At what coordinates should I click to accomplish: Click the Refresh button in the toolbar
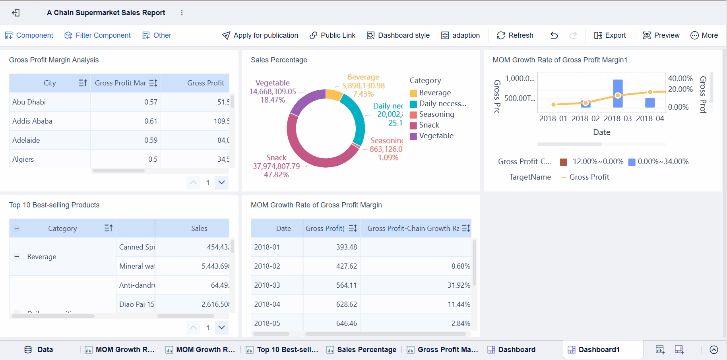point(515,35)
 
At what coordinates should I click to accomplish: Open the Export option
point(610,35)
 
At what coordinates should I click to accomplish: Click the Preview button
point(661,35)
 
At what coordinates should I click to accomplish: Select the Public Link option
point(333,35)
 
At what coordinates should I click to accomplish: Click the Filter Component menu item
point(98,35)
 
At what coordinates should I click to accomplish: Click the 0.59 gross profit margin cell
point(151,140)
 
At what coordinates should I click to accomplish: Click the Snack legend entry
point(429,125)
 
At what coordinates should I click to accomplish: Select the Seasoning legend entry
point(436,114)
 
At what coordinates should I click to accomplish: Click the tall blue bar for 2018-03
point(618,93)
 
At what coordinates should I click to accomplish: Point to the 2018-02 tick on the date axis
point(585,118)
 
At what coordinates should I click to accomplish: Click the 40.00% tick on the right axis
point(680,78)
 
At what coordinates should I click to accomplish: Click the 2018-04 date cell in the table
point(267,304)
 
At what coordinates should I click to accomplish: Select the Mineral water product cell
point(136,266)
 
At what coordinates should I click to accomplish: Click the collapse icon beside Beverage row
point(17,257)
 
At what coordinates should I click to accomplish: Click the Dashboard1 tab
point(599,350)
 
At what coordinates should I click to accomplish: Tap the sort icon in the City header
point(83,83)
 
